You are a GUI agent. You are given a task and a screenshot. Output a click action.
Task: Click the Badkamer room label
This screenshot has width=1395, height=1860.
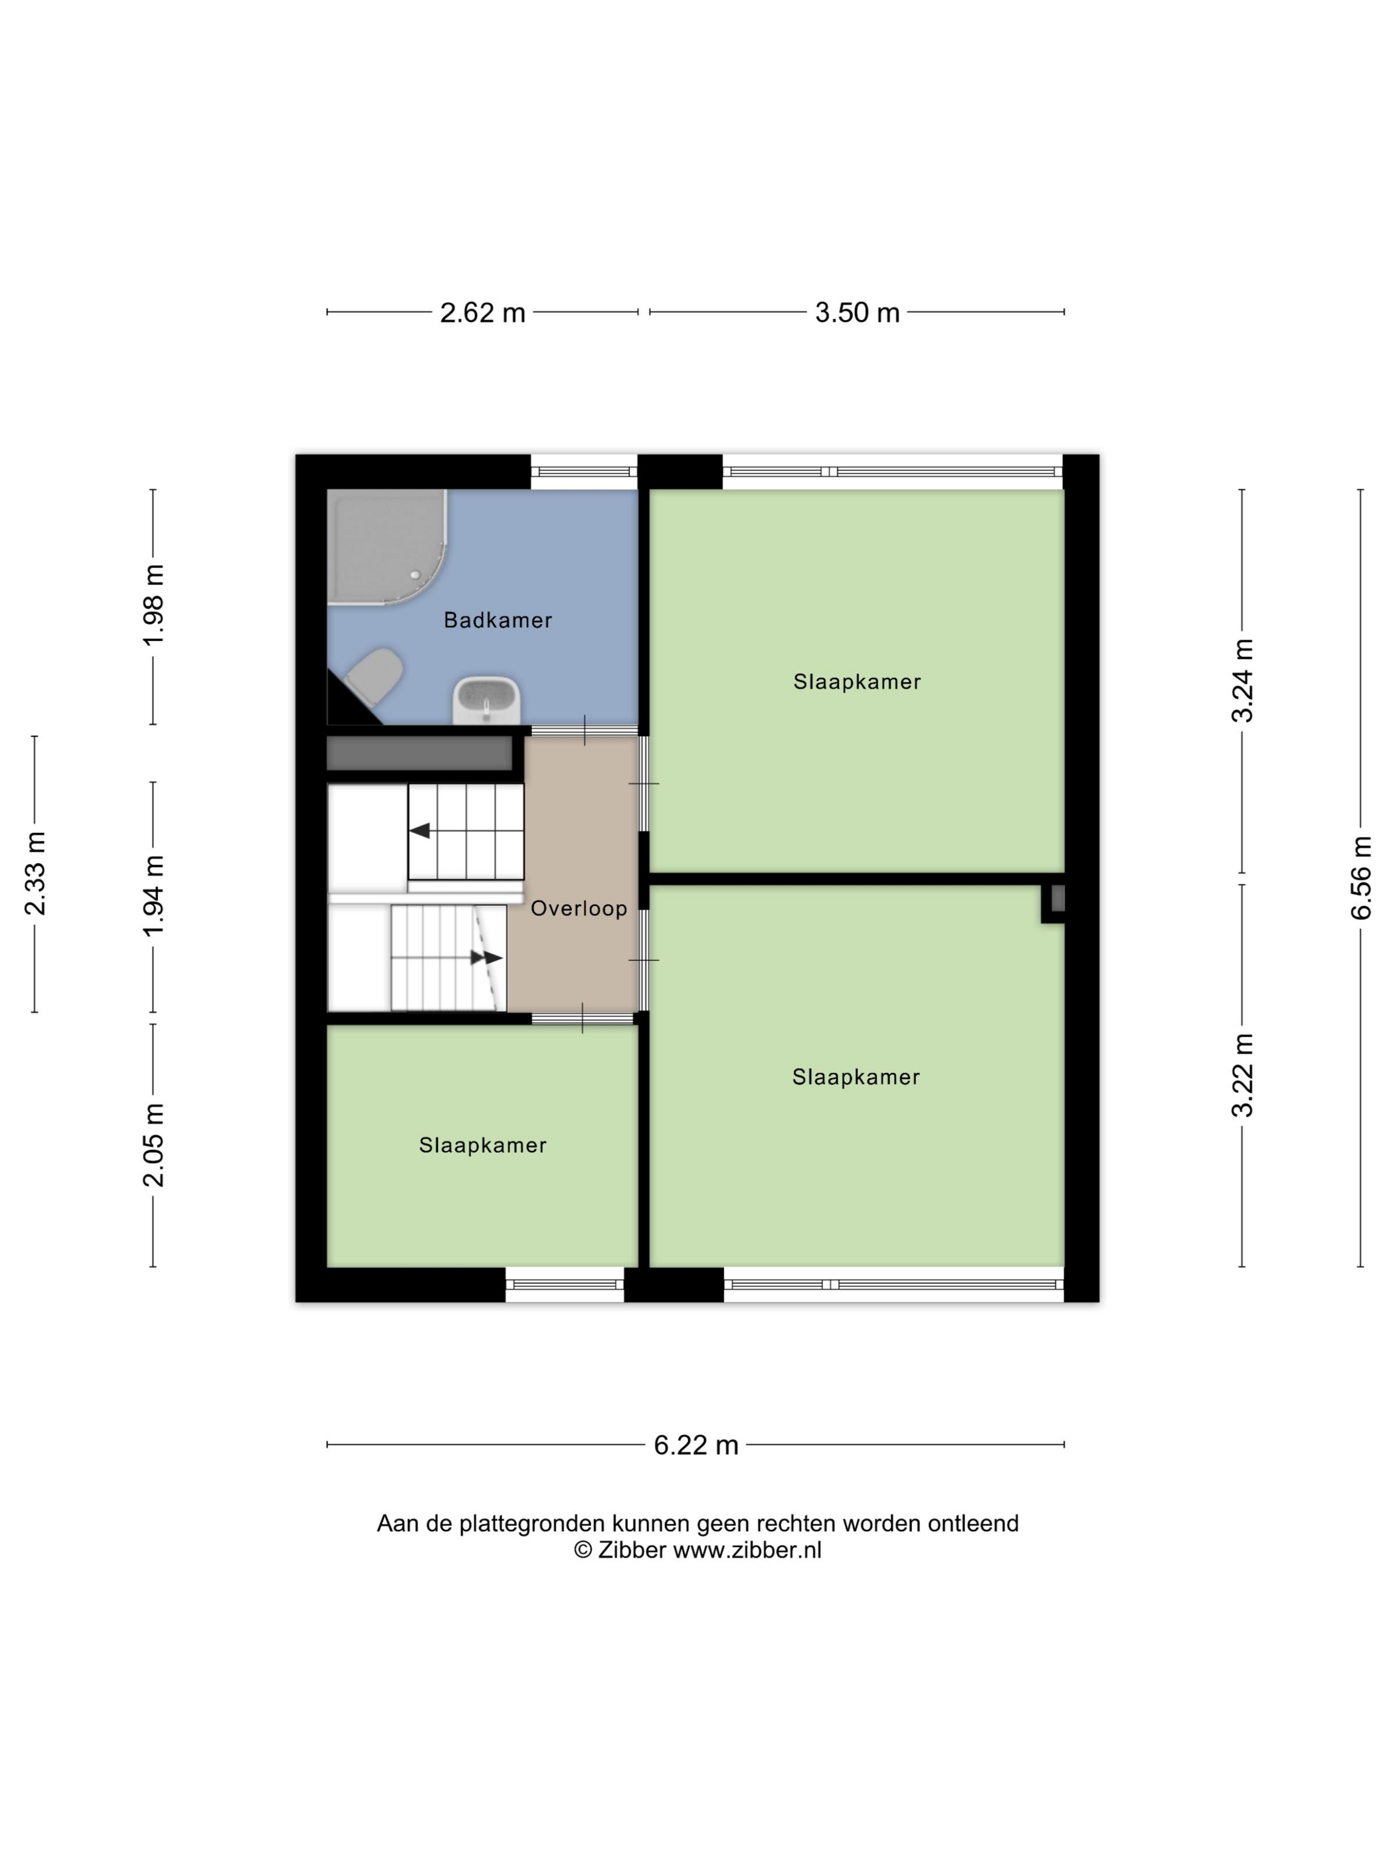click(x=498, y=620)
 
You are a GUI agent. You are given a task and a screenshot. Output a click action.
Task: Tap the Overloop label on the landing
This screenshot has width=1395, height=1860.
click(x=579, y=908)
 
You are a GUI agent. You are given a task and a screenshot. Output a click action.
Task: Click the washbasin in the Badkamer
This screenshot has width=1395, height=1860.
click(x=487, y=700)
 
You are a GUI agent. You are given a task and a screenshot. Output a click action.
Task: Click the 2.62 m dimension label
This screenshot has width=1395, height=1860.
click(x=483, y=313)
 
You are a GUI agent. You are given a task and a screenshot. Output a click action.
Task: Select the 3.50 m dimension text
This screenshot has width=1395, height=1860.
click(x=857, y=313)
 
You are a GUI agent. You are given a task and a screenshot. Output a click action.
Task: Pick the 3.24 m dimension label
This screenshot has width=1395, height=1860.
click(x=1243, y=680)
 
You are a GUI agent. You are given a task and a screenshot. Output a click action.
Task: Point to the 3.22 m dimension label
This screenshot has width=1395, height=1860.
click(x=1243, y=1075)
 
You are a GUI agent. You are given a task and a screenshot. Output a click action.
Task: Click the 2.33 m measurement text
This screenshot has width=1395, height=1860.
click(x=35, y=873)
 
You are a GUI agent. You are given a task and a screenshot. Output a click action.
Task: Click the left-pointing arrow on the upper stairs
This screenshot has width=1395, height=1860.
click(x=420, y=831)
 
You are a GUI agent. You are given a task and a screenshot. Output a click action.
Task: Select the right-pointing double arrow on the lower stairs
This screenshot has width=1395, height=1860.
click(x=487, y=958)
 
